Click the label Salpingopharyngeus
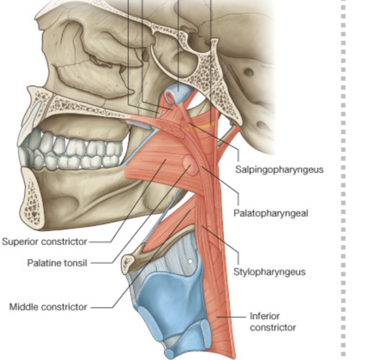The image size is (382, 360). (279, 170)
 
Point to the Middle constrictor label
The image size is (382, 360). (48, 307)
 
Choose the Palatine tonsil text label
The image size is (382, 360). (57, 263)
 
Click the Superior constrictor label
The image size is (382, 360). (44, 241)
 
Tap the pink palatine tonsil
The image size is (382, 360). (191, 164)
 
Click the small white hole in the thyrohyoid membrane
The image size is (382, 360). (190, 261)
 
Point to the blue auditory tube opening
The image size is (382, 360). (176, 92)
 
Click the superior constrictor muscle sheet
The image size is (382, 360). (157, 157)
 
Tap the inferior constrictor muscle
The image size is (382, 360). (220, 299)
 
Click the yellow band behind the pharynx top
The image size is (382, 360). (204, 125)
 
